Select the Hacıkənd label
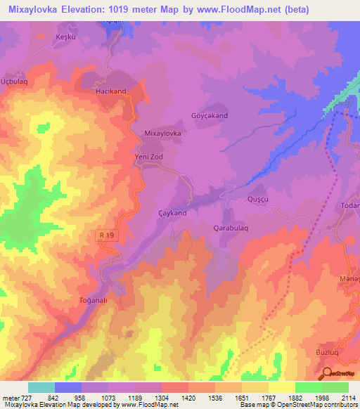(110, 91)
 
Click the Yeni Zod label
(148, 157)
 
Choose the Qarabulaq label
(233, 228)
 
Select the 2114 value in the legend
(348, 398)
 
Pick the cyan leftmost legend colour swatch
(41, 387)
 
